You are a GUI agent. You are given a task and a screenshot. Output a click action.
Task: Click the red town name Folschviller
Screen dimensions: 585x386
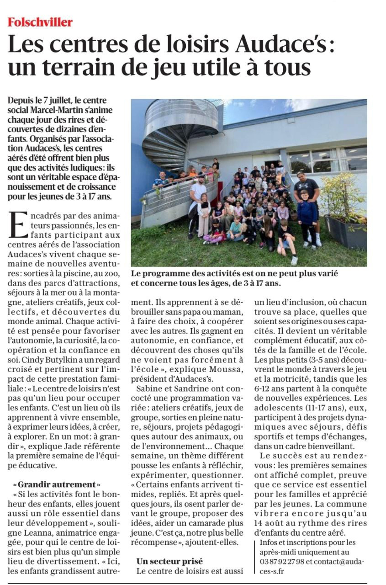(x=40, y=22)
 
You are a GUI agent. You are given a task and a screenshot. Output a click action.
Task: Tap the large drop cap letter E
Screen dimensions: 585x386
(x=18, y=225)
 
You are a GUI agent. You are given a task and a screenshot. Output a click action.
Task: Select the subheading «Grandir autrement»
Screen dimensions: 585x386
(x=57, y=484)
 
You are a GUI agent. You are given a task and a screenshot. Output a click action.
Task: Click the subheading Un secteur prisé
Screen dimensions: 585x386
(x=169, y=561)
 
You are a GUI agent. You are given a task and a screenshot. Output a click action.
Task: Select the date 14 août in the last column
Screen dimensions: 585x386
(x=270, y=523)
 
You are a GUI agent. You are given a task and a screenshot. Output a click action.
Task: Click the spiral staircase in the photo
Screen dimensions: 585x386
(x=174, y=133)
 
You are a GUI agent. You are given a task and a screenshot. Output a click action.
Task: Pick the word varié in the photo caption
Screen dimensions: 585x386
(x=328, y=273)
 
